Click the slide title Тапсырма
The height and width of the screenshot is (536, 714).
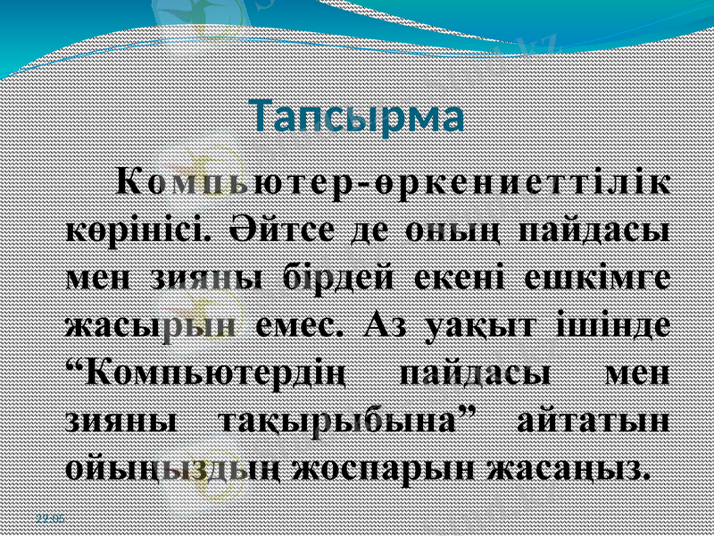(356, 117)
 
